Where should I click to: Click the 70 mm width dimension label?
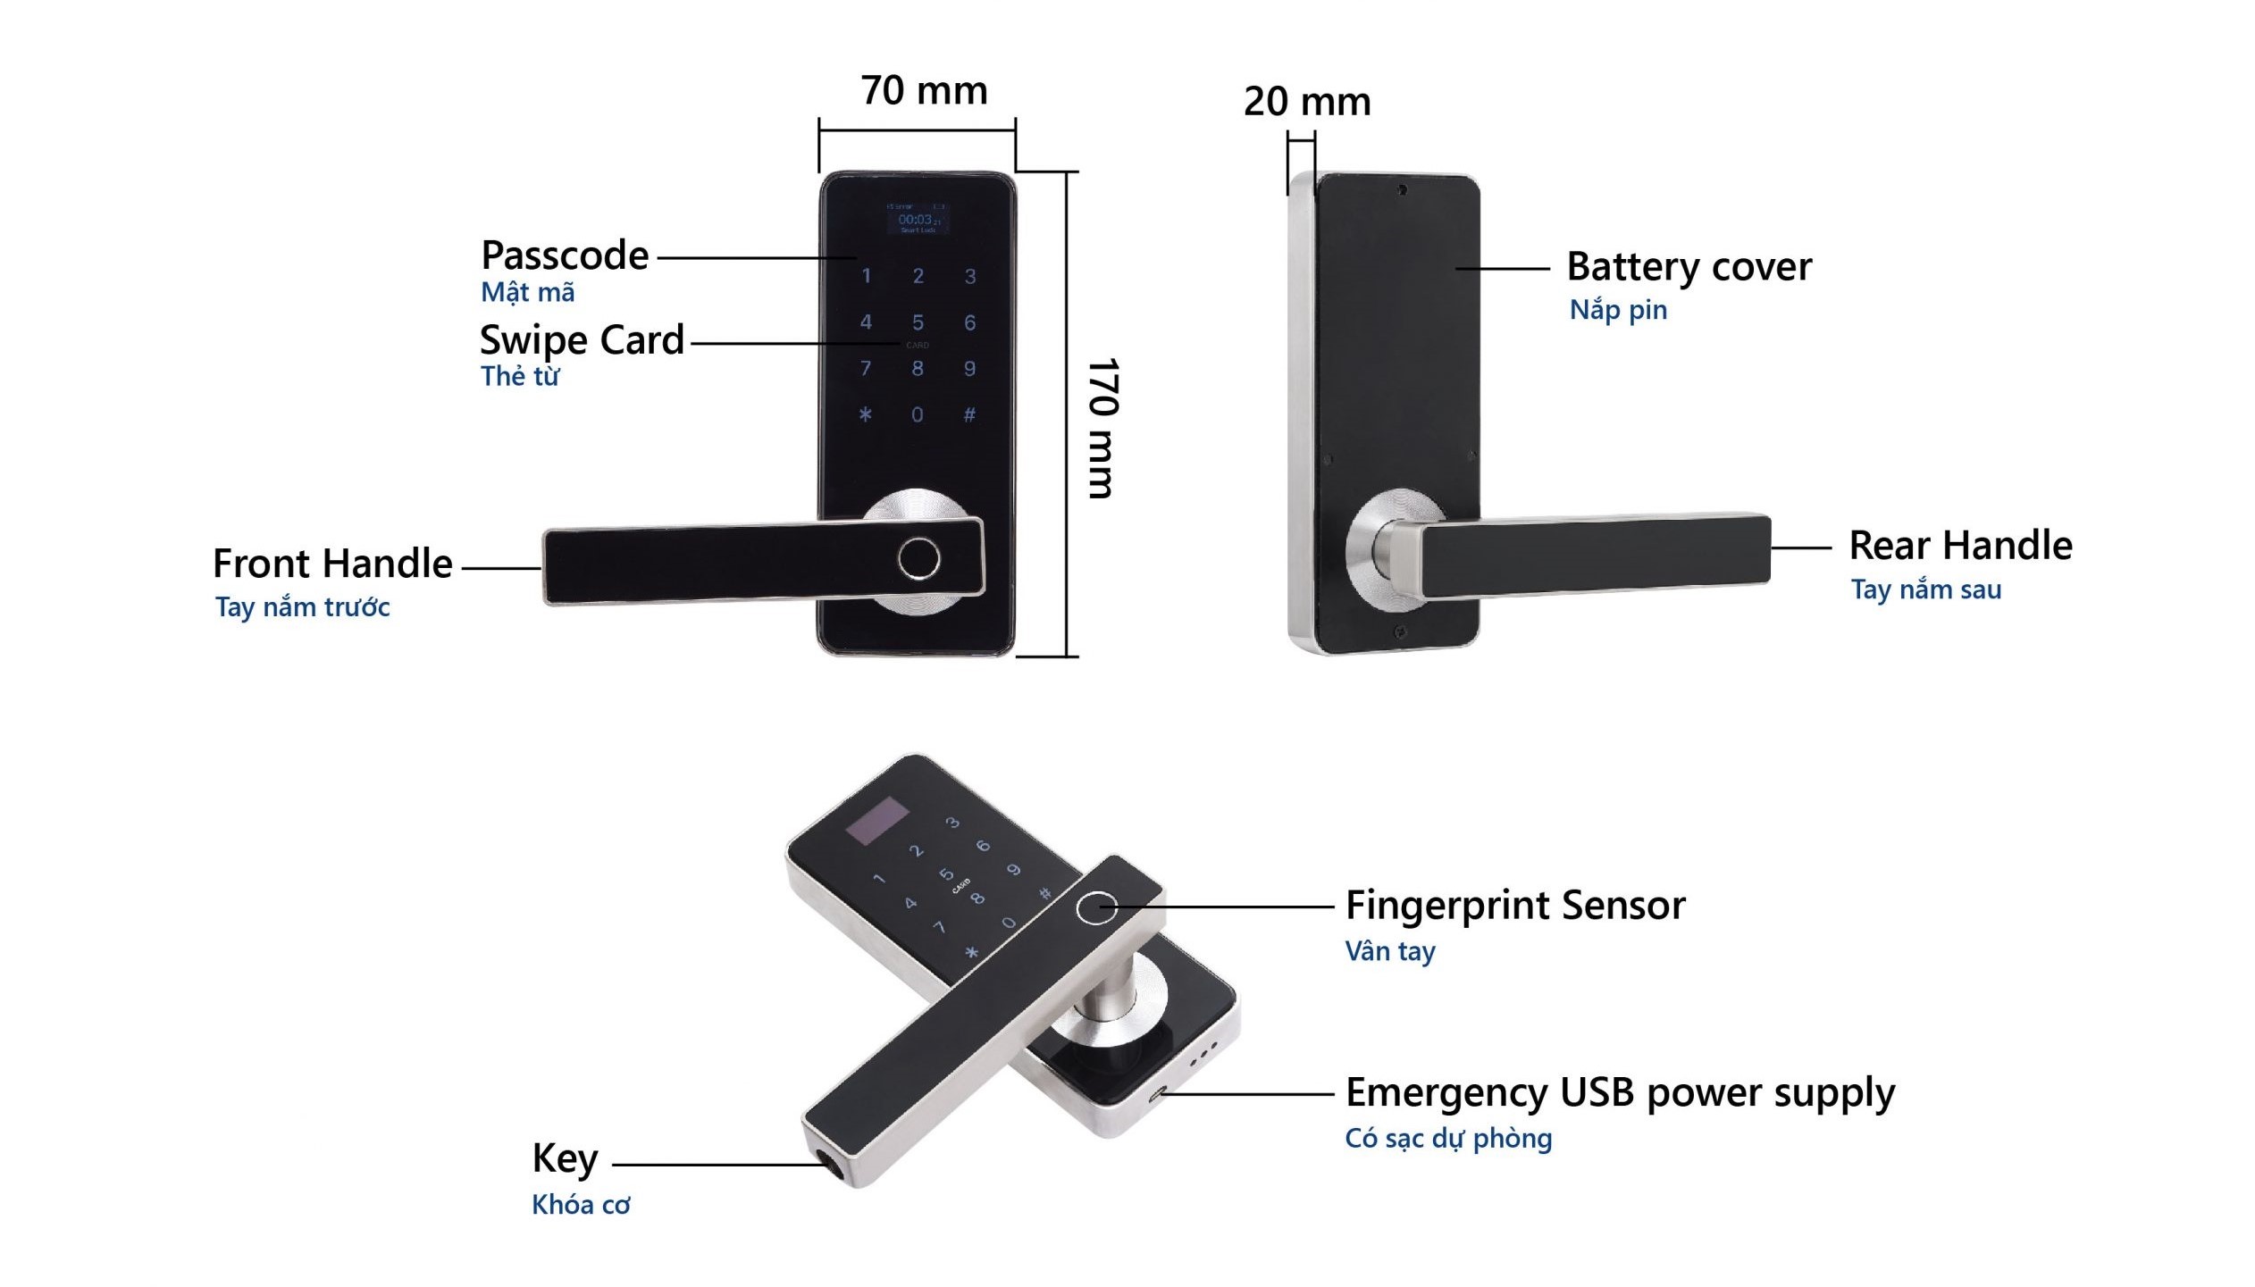click(924, 91)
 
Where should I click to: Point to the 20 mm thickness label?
click(1306, 102)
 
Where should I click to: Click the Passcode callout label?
click(565, 256)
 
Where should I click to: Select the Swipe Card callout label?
click(582, 340)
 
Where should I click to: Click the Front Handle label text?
click(332, 564)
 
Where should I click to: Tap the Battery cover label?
click(1689, 267)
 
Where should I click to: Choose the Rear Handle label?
click(1960, 546)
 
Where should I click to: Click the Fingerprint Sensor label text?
click(1515, 906)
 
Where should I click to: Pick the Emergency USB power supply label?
click(1620, 1093)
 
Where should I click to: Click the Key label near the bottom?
click(565, 1158)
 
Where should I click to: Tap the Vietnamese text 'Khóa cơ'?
click(581, 1205)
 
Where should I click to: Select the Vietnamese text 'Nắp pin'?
click(1618, 310)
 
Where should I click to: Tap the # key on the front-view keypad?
click(969, 414)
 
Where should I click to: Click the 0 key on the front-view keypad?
click(918, 414)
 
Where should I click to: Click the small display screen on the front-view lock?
click(917, 219)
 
